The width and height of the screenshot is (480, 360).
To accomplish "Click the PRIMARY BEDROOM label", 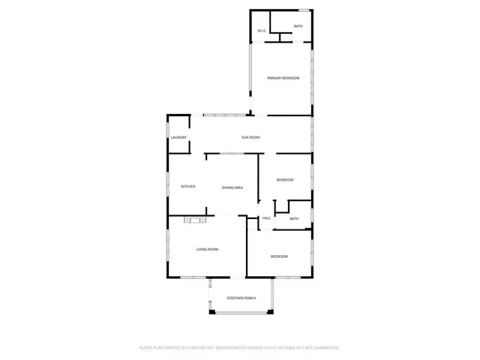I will pyautogui.click(x=283, y=78).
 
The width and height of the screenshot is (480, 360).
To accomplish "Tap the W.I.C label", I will pyautogui.click(x=262, y=31).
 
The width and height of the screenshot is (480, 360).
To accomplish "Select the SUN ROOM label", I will pyautogui.click(x=250, y=137).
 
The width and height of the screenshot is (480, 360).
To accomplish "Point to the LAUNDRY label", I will pyautogui.click(x=178, y=137).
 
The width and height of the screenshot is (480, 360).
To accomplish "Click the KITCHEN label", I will pyautogui.click(x=188, y=187).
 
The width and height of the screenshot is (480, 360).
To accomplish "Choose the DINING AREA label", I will pyautogui.click(x=232, y=187).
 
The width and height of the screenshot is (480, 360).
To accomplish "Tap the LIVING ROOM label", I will pyautogui.click(x=207, y=249).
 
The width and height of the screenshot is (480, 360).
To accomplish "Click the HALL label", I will pyautogui.click(x=266, y=218).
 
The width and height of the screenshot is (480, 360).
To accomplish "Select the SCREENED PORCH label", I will pyautogui.click(x=241, y=298).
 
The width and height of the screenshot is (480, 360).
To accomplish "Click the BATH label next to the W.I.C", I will pyautogui.click(x=298, y=27).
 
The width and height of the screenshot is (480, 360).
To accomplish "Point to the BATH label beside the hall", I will pyautogui.click(x=294, y=218).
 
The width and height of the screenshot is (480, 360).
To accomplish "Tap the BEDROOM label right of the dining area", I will pyautogui.click(x=285, y=180).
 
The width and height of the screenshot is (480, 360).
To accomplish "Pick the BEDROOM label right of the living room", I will pyautogui.click(x=279, y=256).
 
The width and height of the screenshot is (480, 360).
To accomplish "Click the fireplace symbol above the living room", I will pyautogui.click(x=195, y=220).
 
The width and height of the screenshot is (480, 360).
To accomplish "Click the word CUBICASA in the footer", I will pyautogui.click(x=200, y=348).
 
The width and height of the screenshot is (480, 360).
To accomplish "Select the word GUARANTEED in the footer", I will pyautogui.click(x=322, y=348).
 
